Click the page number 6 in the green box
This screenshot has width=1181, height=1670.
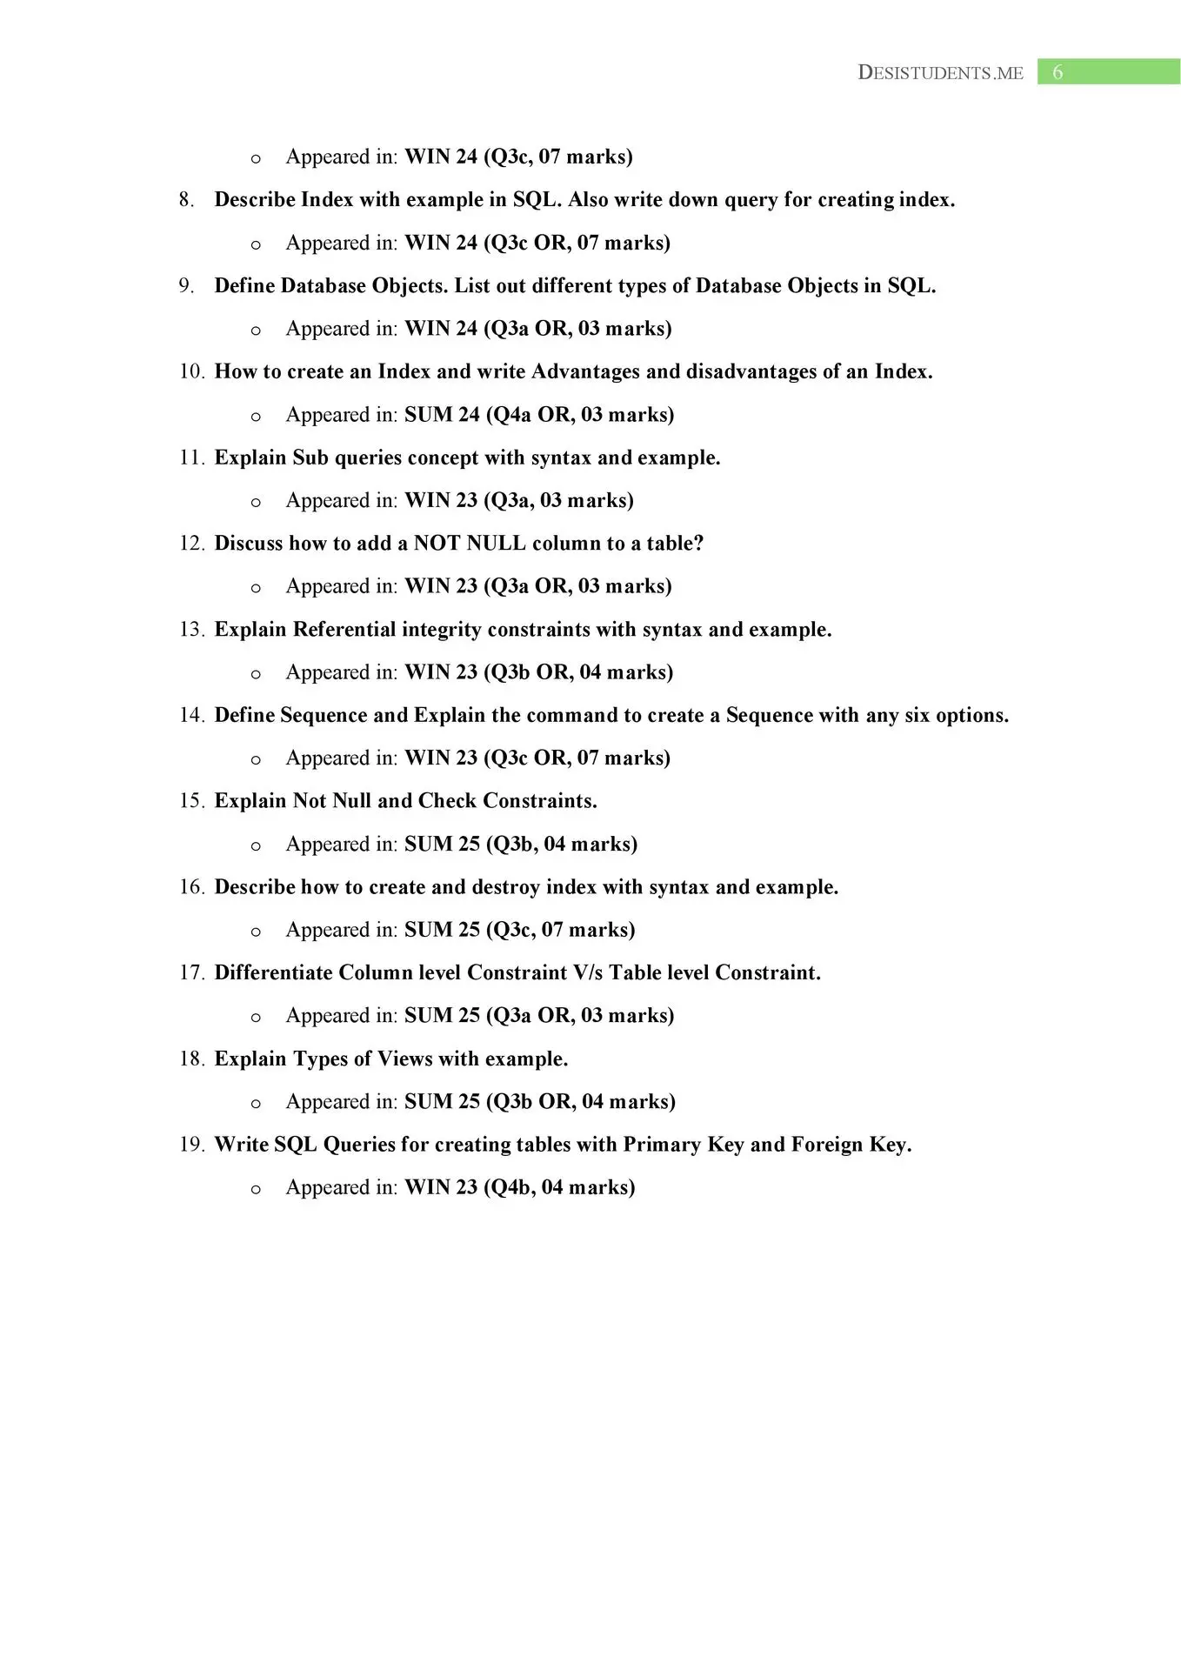click(1058, 72)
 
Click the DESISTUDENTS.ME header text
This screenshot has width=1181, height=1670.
click(940, 73)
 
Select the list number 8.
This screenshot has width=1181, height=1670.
click(185, 200)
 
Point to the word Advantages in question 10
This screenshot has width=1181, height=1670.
click(585, 372)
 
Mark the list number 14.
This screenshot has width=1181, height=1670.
click(191, 715)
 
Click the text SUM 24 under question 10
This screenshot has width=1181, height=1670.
click(442, 415)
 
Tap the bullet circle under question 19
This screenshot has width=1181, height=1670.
click(256, 1189)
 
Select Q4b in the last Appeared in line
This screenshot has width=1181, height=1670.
click(512, 1187)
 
